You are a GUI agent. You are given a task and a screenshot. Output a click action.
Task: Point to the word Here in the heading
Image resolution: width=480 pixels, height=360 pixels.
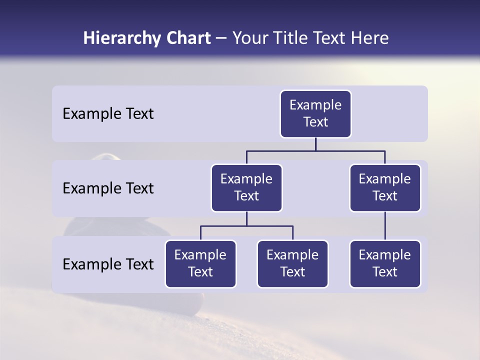(x=370, y=38)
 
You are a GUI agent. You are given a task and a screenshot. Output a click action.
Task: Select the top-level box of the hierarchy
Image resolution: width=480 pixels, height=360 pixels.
(x=315, y=114)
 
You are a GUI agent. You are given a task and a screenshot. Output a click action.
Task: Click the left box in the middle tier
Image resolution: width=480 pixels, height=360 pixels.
(x=246, y=188)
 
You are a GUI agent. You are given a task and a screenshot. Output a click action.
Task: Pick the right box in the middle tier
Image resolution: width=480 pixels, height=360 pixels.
(x=385, y=188)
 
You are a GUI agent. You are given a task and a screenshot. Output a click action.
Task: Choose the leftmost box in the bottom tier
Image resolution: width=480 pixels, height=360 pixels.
(x=200, y=264)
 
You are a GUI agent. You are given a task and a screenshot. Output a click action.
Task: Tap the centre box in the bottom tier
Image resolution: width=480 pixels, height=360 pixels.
(x=292, y=264)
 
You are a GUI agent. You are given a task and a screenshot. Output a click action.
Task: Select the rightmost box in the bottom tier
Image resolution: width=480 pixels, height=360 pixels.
(x=385, y=264)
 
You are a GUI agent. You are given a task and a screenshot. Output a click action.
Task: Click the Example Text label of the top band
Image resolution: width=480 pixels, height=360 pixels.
(x=108, y=114)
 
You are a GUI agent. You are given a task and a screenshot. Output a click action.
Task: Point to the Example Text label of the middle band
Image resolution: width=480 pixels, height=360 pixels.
(x=108, y=188)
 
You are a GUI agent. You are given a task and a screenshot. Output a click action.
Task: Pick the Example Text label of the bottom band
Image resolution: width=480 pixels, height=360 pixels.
(x=108, y=264)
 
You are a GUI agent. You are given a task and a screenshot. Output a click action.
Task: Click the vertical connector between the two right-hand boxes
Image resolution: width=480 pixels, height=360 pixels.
(x=385, y=226)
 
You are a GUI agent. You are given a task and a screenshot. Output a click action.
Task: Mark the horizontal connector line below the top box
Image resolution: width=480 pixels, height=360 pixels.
(x=315, y=150)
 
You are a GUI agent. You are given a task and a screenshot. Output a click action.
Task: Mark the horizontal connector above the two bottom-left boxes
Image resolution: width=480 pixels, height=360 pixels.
(x=246, y=226)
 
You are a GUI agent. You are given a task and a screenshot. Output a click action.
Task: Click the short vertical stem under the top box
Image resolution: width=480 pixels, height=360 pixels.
(x=315, y=144)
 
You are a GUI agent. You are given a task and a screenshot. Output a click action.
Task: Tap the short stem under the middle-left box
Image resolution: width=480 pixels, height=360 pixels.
(x=246, y=219)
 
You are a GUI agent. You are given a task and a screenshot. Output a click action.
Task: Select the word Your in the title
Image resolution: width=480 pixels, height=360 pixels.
(x=248, y=38)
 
